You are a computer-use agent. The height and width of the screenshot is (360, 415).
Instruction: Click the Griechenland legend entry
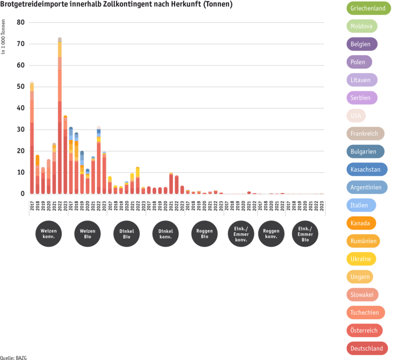368,8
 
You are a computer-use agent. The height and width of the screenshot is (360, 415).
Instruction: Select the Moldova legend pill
361,26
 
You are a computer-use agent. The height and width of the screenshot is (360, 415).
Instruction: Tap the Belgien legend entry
361,44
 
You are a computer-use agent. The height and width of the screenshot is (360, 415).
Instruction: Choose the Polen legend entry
358,62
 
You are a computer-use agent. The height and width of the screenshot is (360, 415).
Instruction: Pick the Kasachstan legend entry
366,169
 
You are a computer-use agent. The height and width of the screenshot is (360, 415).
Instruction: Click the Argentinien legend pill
366,187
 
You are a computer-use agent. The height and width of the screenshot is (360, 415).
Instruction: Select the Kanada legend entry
360,223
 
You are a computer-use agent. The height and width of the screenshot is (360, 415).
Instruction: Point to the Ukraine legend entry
361,259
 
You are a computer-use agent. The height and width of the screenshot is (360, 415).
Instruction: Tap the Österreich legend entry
364,330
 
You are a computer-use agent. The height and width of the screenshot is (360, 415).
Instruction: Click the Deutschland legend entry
366,348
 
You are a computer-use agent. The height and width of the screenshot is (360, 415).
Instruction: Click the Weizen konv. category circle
49,233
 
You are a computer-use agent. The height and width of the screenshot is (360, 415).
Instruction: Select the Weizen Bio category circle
88,233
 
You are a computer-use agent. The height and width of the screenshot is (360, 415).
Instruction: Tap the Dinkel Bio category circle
127,233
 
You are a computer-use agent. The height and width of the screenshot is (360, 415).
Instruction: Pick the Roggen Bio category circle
205,233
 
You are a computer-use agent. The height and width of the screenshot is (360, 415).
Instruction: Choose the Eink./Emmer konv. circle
241,233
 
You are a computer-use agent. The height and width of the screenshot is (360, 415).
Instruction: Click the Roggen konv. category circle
271,233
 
